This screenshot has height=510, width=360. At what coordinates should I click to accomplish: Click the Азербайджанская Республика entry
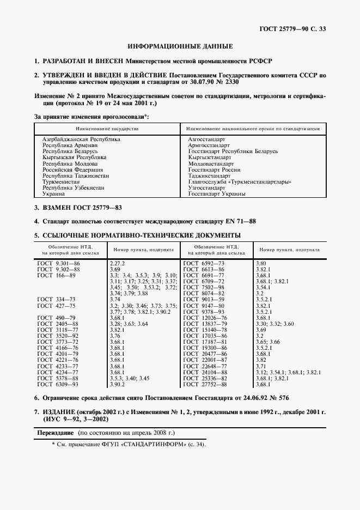(81, 139)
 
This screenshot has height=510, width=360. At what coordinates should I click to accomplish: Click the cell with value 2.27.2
(118, 263)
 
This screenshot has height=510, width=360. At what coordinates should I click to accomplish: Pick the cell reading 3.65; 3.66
(267, 341)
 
